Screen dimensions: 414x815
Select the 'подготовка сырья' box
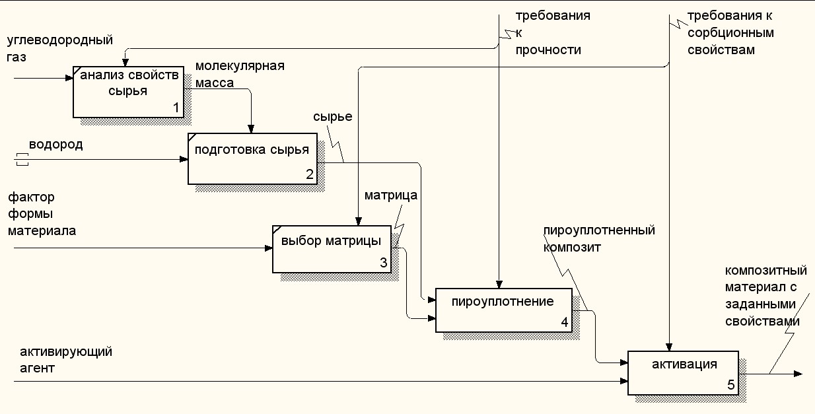[252, 158]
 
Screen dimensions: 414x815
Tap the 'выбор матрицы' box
[331, 248]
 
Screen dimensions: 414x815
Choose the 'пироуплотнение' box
[503, 310]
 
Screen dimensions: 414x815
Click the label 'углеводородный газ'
[59, 48]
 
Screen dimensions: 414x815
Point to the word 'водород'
[55, 145]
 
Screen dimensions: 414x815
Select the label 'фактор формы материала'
[42, 214]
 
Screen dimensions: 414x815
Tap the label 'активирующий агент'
[65, 359]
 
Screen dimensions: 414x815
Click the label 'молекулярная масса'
[239, 75]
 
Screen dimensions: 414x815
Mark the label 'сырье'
[332, 117]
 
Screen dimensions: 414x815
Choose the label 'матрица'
[391, 195]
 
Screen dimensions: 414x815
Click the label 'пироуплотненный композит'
[598, 238]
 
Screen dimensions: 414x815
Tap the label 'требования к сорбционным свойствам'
[730, 32]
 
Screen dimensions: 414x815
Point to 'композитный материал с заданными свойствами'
[766, 296]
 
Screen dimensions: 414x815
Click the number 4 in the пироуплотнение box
[564, 322]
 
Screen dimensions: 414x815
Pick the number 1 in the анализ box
[176, 107]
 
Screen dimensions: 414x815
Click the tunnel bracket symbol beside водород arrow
[22, 158]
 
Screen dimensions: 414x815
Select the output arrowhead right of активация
[798, 374]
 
